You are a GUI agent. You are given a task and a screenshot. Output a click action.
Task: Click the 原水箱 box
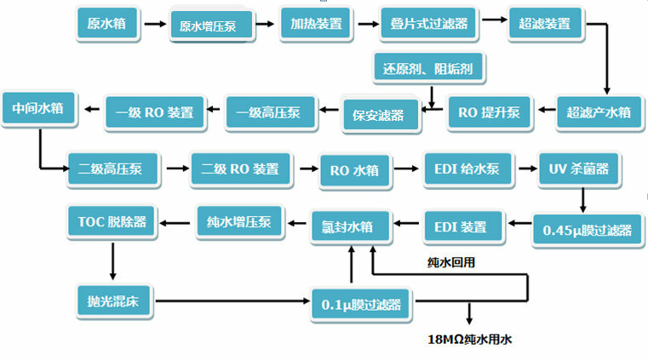[106, 24]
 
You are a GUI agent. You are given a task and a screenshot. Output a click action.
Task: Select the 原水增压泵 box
[213, 26]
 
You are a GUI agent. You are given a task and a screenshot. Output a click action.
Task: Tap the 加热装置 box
[317, 24]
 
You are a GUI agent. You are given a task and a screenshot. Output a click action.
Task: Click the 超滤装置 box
[544, 24]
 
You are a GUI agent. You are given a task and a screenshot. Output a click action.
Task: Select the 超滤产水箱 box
[599, 111]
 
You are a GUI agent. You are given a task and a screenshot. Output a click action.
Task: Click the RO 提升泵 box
[489, 112]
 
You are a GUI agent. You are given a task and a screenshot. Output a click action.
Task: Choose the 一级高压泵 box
[265, 112]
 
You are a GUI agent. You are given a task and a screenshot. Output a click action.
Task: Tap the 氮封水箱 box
[352, 226]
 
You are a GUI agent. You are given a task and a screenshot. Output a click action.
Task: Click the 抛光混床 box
[112, 300]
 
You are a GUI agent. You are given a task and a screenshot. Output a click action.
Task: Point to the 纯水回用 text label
[450, 262]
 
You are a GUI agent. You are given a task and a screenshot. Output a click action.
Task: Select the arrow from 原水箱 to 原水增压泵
[155, 24]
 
